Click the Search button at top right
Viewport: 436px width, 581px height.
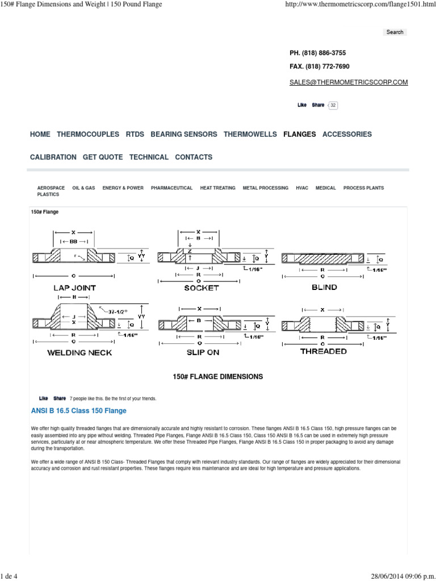click(395, 32)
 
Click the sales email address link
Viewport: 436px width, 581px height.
click(349, 82)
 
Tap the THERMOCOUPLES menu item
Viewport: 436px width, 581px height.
click(88, 134)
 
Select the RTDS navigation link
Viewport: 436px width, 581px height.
click(135, 134)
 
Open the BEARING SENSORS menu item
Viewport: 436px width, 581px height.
click(183, 134)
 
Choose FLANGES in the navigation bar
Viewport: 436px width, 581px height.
click(300, 134)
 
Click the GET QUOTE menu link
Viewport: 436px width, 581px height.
click(103, 157)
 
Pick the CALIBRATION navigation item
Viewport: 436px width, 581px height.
click(53, 157)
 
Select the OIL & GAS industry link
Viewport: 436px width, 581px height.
click(83, 188)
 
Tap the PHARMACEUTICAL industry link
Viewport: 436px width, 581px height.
click(171, 188)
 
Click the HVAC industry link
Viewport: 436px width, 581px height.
click(302, 188)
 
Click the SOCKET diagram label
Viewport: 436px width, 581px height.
click(202, 288)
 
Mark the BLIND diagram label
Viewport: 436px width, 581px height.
click(324, 287)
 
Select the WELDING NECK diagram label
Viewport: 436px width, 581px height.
click(79, 352)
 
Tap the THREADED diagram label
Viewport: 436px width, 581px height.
click(324, 351)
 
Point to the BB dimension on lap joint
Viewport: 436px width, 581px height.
click(74, 241)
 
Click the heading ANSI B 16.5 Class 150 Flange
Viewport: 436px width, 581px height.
click(78, 411)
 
